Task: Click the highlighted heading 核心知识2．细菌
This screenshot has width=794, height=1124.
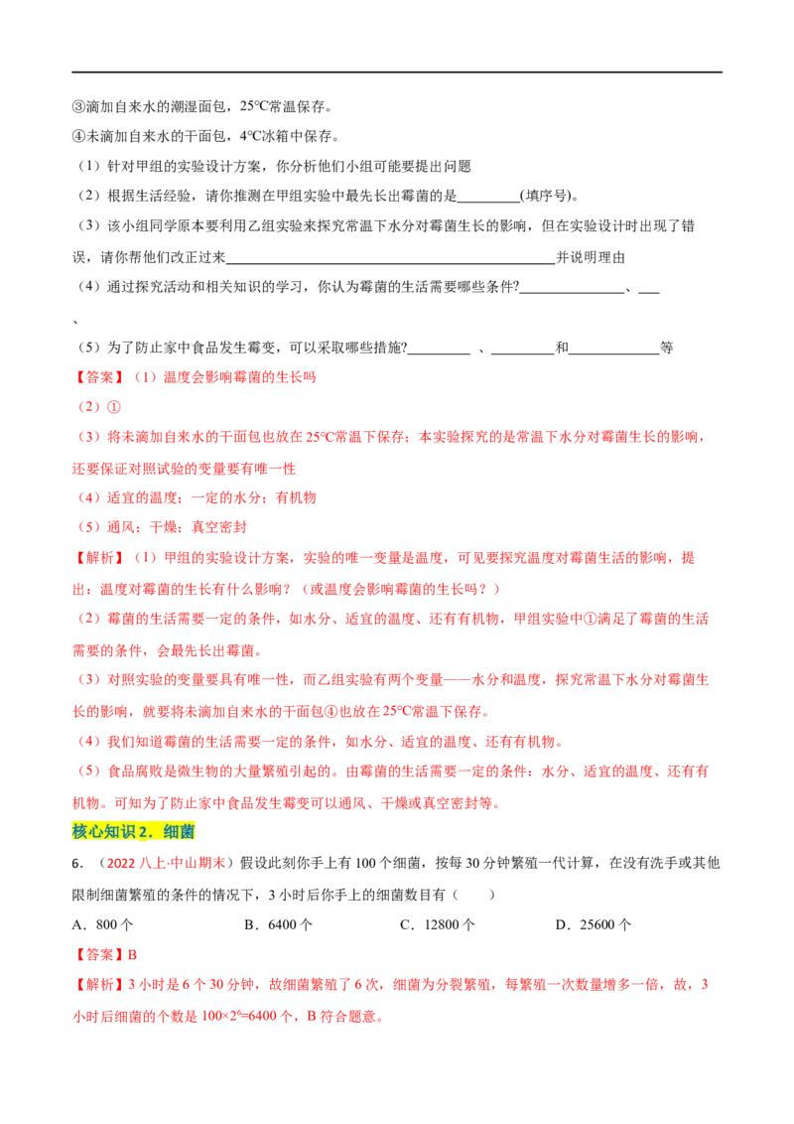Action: (x=133, y=831)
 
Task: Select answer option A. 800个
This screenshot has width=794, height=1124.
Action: (x=102, y=924)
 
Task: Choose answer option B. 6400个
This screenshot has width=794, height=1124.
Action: (x=278, y=924)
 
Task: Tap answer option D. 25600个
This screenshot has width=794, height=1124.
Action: (x=594, y=924)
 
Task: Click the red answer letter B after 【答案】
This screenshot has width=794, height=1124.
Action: (x=133, y=955)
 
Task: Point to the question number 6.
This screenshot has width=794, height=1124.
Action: (x=78, y=863)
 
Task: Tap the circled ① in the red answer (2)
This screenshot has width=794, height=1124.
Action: (x=114, y=407)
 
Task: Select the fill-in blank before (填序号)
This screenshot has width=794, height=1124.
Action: (x=488, y=202)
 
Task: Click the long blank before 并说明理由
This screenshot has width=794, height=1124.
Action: (x=391, y=262)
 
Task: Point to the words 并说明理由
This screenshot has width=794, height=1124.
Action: (x=592, y=256)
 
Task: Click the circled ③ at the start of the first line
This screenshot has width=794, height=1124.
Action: (x=78, y=107)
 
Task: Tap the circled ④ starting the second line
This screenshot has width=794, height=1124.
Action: (x=78, y=136)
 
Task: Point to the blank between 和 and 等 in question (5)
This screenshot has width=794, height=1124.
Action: (x=614, y=352)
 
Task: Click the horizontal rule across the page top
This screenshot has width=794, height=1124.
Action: (x=397, y=71)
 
